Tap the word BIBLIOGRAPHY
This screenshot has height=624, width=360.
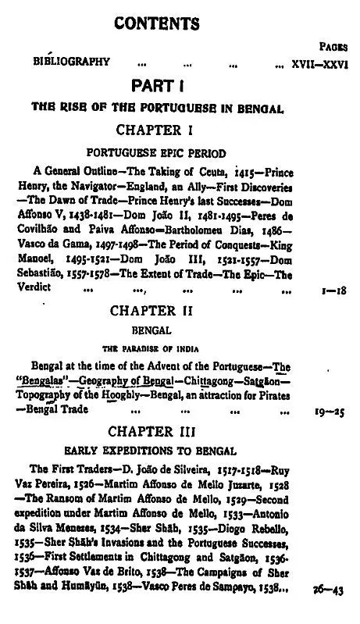tap(71, 62)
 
